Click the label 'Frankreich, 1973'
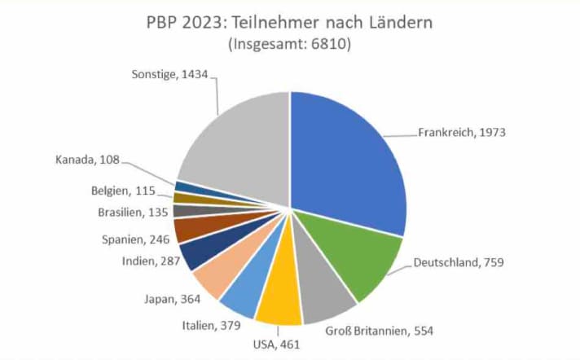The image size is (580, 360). (462, 132)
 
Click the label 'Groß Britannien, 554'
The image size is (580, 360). (380, 331)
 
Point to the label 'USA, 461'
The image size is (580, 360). (278, 345)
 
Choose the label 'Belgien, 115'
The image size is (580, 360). (130, 191)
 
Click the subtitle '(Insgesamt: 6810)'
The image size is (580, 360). (290, 45)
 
